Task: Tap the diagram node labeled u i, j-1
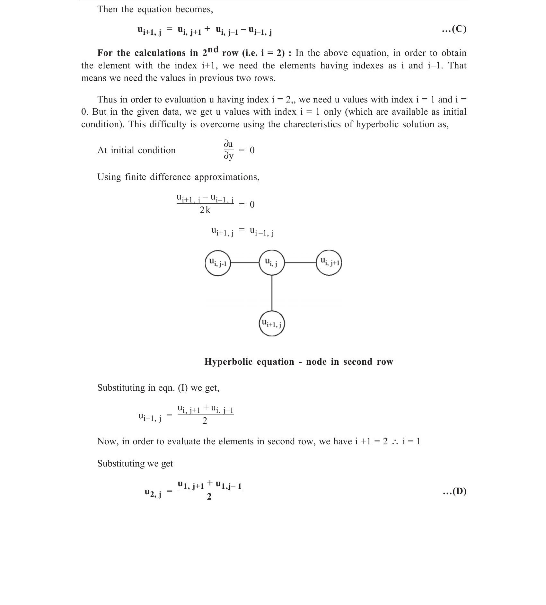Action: tap(218, 263)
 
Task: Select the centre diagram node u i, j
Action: tap(272, 263)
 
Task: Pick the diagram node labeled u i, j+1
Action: tap(329, 263)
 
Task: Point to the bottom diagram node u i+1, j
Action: tap(272, 323)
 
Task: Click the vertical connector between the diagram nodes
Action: tap(272, 293)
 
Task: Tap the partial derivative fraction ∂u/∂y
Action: tap(228, 150)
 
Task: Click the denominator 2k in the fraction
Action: tap(205, 210)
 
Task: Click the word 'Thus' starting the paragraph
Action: tap(107, 100)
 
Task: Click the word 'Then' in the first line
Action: tap(108, 9)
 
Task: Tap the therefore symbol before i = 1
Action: tap(395, 442)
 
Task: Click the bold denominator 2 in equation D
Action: tap(209, 497)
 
